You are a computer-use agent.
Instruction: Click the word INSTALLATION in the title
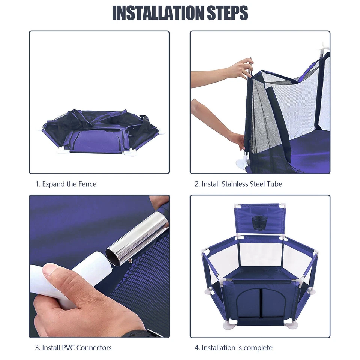158,13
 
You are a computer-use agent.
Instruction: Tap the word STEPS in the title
228,13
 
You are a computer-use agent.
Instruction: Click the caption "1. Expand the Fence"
66,184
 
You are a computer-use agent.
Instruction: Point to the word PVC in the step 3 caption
68,348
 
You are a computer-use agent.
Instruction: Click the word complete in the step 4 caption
258,348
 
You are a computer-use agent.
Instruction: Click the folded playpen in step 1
101,132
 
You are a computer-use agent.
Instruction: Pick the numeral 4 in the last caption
197,348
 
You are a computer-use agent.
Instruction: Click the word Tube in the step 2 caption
274,184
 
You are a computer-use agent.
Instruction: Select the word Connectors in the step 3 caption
94,348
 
